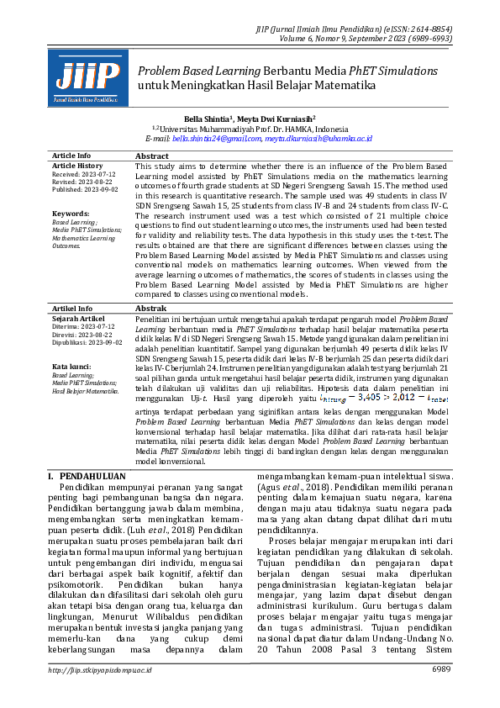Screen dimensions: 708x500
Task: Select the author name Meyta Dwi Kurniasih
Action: (276, 120)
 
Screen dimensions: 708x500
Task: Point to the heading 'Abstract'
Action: (152, 156)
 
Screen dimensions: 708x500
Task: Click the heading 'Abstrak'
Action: (151, 309)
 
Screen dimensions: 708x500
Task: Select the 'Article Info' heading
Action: (71, 156)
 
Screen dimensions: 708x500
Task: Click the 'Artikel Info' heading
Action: (72, 309)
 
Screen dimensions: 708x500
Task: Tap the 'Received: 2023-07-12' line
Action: (84, 174)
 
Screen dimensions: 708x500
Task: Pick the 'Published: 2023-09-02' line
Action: (85, 189)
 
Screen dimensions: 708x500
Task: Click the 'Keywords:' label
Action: (71, 214)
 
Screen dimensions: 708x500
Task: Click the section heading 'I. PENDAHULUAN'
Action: (87, 476)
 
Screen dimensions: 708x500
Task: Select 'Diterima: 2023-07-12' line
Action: (83, 327)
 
